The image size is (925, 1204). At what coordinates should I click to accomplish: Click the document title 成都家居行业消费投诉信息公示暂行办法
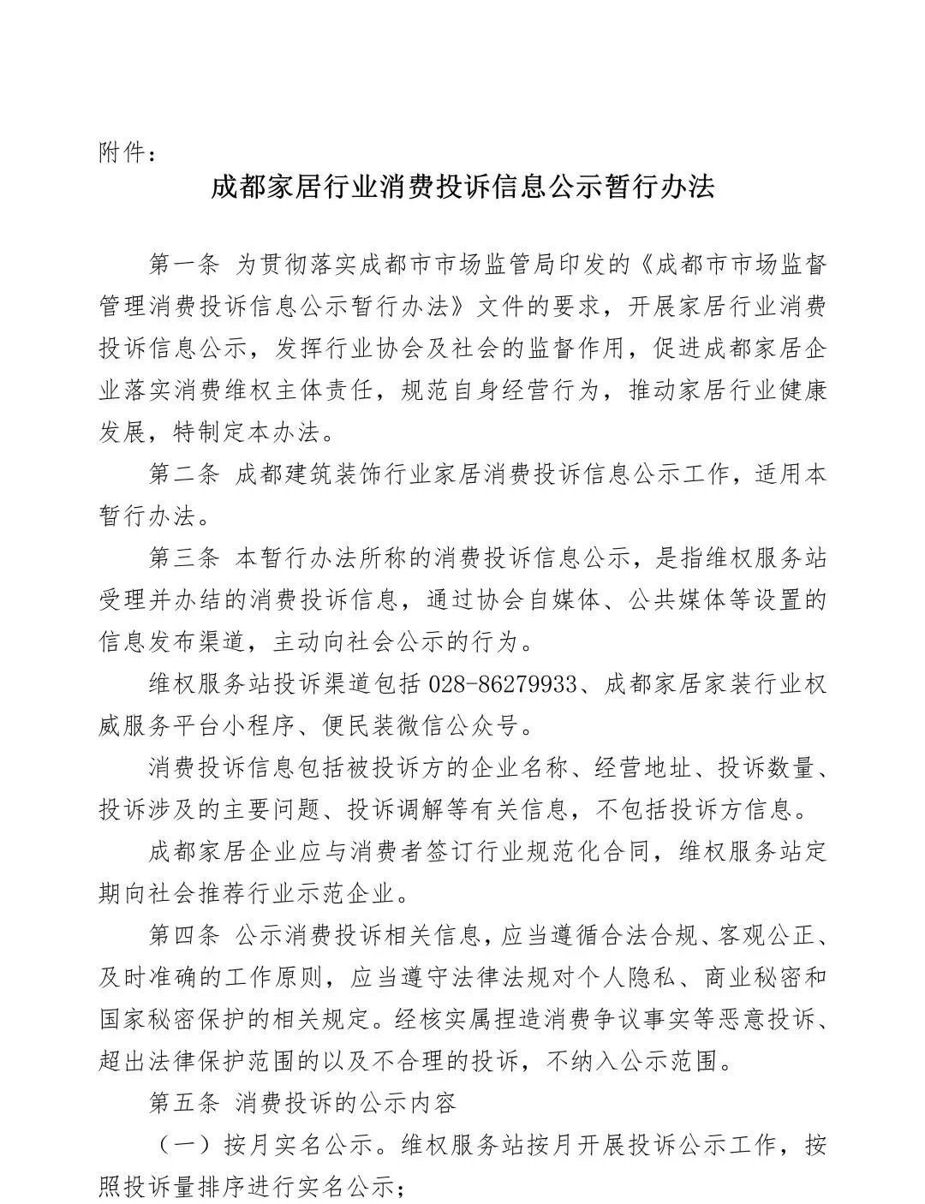click(x=462, y=187)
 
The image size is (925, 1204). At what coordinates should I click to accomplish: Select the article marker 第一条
click(x=184, y=264)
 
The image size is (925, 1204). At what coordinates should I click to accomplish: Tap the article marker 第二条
click(x=184, y=474)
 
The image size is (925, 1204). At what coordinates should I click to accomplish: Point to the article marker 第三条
click(x=184, y=557)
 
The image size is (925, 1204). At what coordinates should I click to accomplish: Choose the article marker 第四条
click(x=184, y=935)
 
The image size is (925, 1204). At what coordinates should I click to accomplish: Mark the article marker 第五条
click(x=184, y=1103)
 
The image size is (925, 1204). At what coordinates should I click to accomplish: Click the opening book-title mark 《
click(x=643, y=264)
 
